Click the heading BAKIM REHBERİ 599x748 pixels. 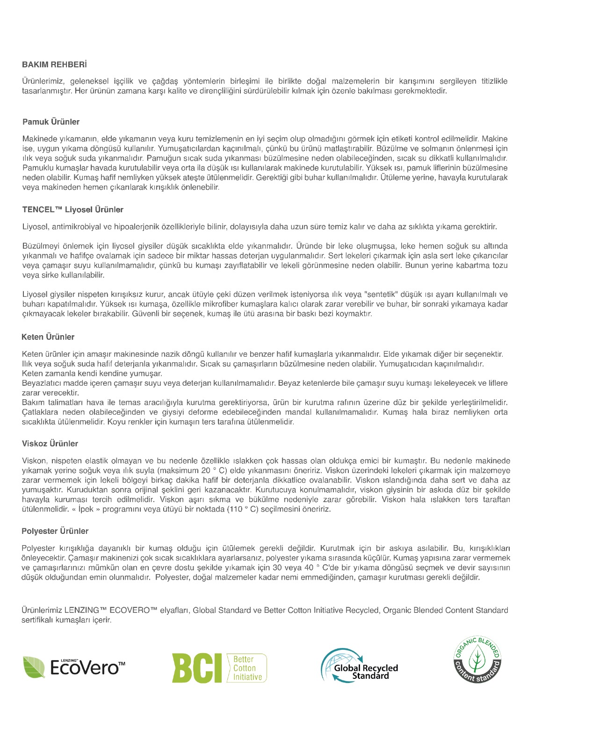click(x=54, y=65)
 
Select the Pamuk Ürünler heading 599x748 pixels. click(x=51, y=122)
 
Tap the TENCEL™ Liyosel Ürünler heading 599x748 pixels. click(x=72, y=209)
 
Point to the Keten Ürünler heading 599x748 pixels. click(x=48, y=337)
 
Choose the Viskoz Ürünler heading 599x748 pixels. click(x=50, y=444)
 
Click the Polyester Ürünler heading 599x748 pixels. click(x=55, y=531)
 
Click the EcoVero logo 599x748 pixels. click(x=74, y=667)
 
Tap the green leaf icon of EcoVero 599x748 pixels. click(x=34, y=667)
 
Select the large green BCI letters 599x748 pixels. click(x=196, y=668)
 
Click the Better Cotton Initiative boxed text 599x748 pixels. click(x=247, y=668)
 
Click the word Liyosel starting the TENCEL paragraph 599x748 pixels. click(x=36, y=227)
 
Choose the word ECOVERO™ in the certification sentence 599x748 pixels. click(x=133, y=610)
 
